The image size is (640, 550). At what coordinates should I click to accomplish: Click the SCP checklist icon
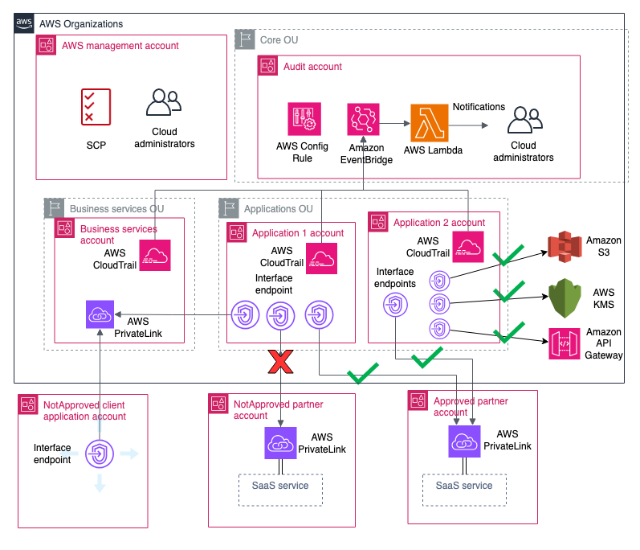coord(96,107)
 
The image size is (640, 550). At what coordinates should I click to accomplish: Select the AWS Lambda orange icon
coord(427,124)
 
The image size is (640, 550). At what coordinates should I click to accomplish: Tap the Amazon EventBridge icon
coord(364,119)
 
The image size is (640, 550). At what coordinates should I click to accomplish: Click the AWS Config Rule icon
coord(304,118)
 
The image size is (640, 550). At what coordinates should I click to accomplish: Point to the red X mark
coord(280,363)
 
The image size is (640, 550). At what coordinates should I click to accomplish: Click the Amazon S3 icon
coord(563,247)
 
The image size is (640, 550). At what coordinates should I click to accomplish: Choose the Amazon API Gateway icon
coord(563,344)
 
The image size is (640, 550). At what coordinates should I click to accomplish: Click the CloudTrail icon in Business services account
coord(156,256)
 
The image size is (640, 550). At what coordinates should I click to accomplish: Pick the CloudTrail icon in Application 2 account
coord(467,246)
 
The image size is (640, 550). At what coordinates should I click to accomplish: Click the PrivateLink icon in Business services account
coord(100,314)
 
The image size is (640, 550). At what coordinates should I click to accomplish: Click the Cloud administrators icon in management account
coord(163,105)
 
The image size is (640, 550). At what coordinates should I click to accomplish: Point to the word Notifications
coord(479,107)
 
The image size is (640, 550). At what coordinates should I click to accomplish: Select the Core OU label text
coord(279,39)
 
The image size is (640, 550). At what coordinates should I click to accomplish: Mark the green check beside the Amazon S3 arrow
coord(508,257)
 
